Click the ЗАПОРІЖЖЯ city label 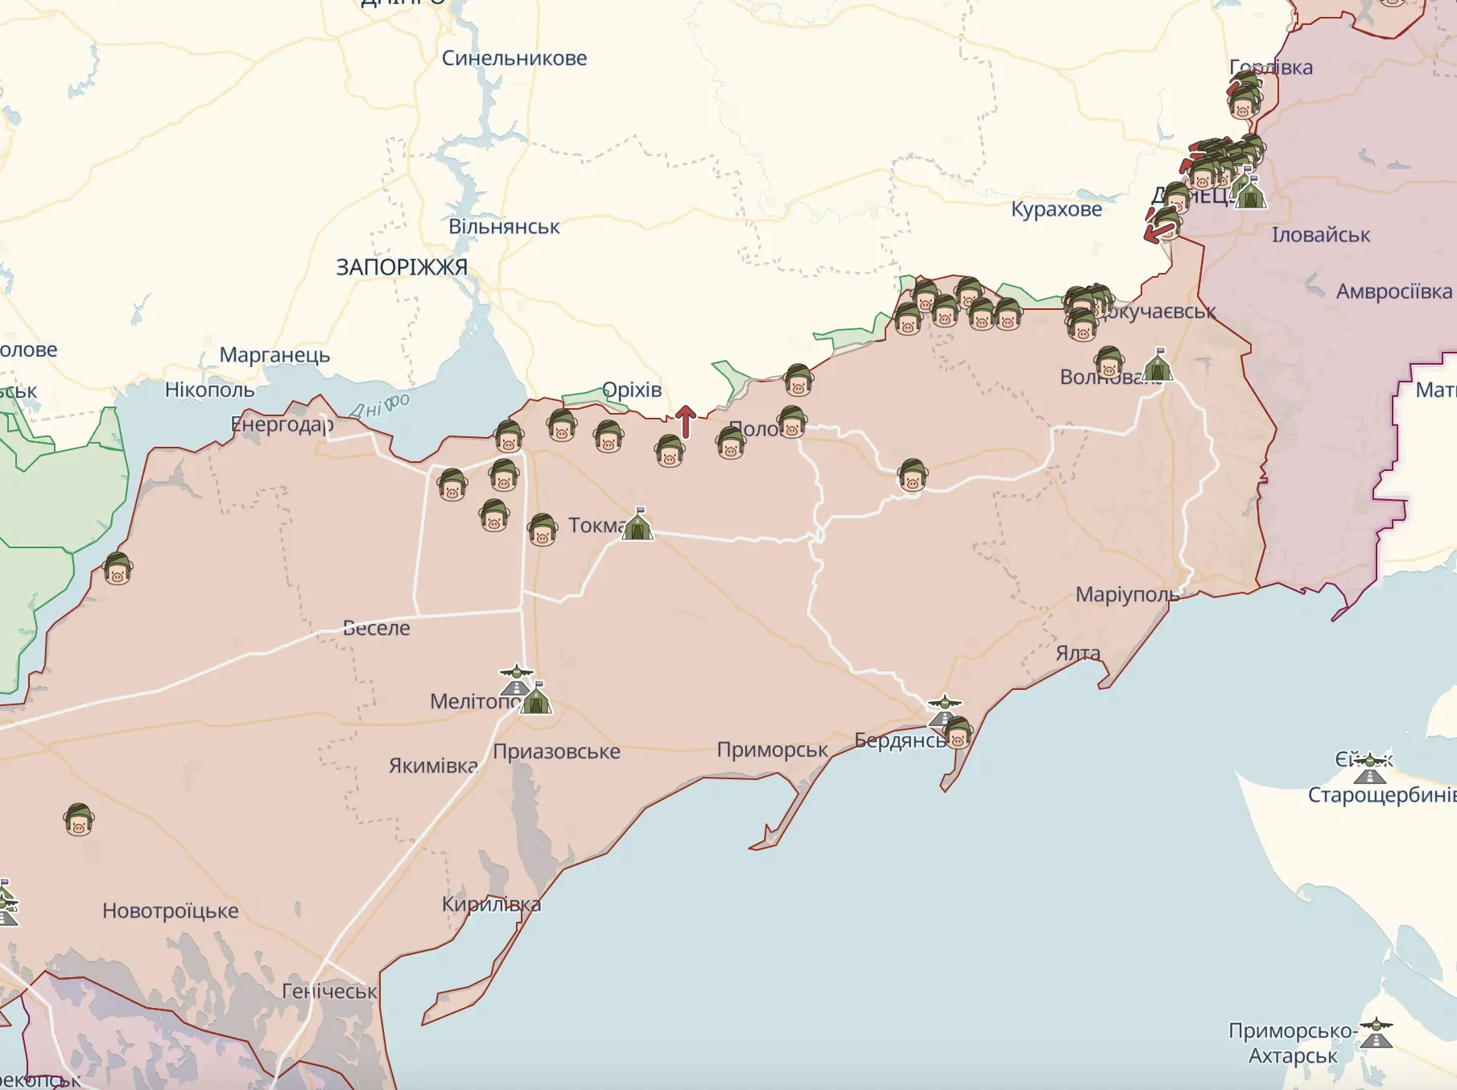click(401, 267)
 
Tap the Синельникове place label click(514, 58)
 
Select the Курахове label click(1056, 209)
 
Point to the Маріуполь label click(1127, 595)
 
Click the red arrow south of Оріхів click(685, 421)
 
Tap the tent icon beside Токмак click(638, 525)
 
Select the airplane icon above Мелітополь click(516, 672)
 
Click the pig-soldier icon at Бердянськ click(958, 733)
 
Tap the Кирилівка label click(491, 904)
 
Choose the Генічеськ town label click(329, 991)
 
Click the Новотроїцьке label click(171, 910)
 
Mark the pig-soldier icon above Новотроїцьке click(79, 820)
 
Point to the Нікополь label click(209, 390)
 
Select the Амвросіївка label click(1394, 291)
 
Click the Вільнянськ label click(504, 227)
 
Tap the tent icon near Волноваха click(1158, 365)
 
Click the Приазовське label click(556, 751)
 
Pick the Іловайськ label click(1320, 235)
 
